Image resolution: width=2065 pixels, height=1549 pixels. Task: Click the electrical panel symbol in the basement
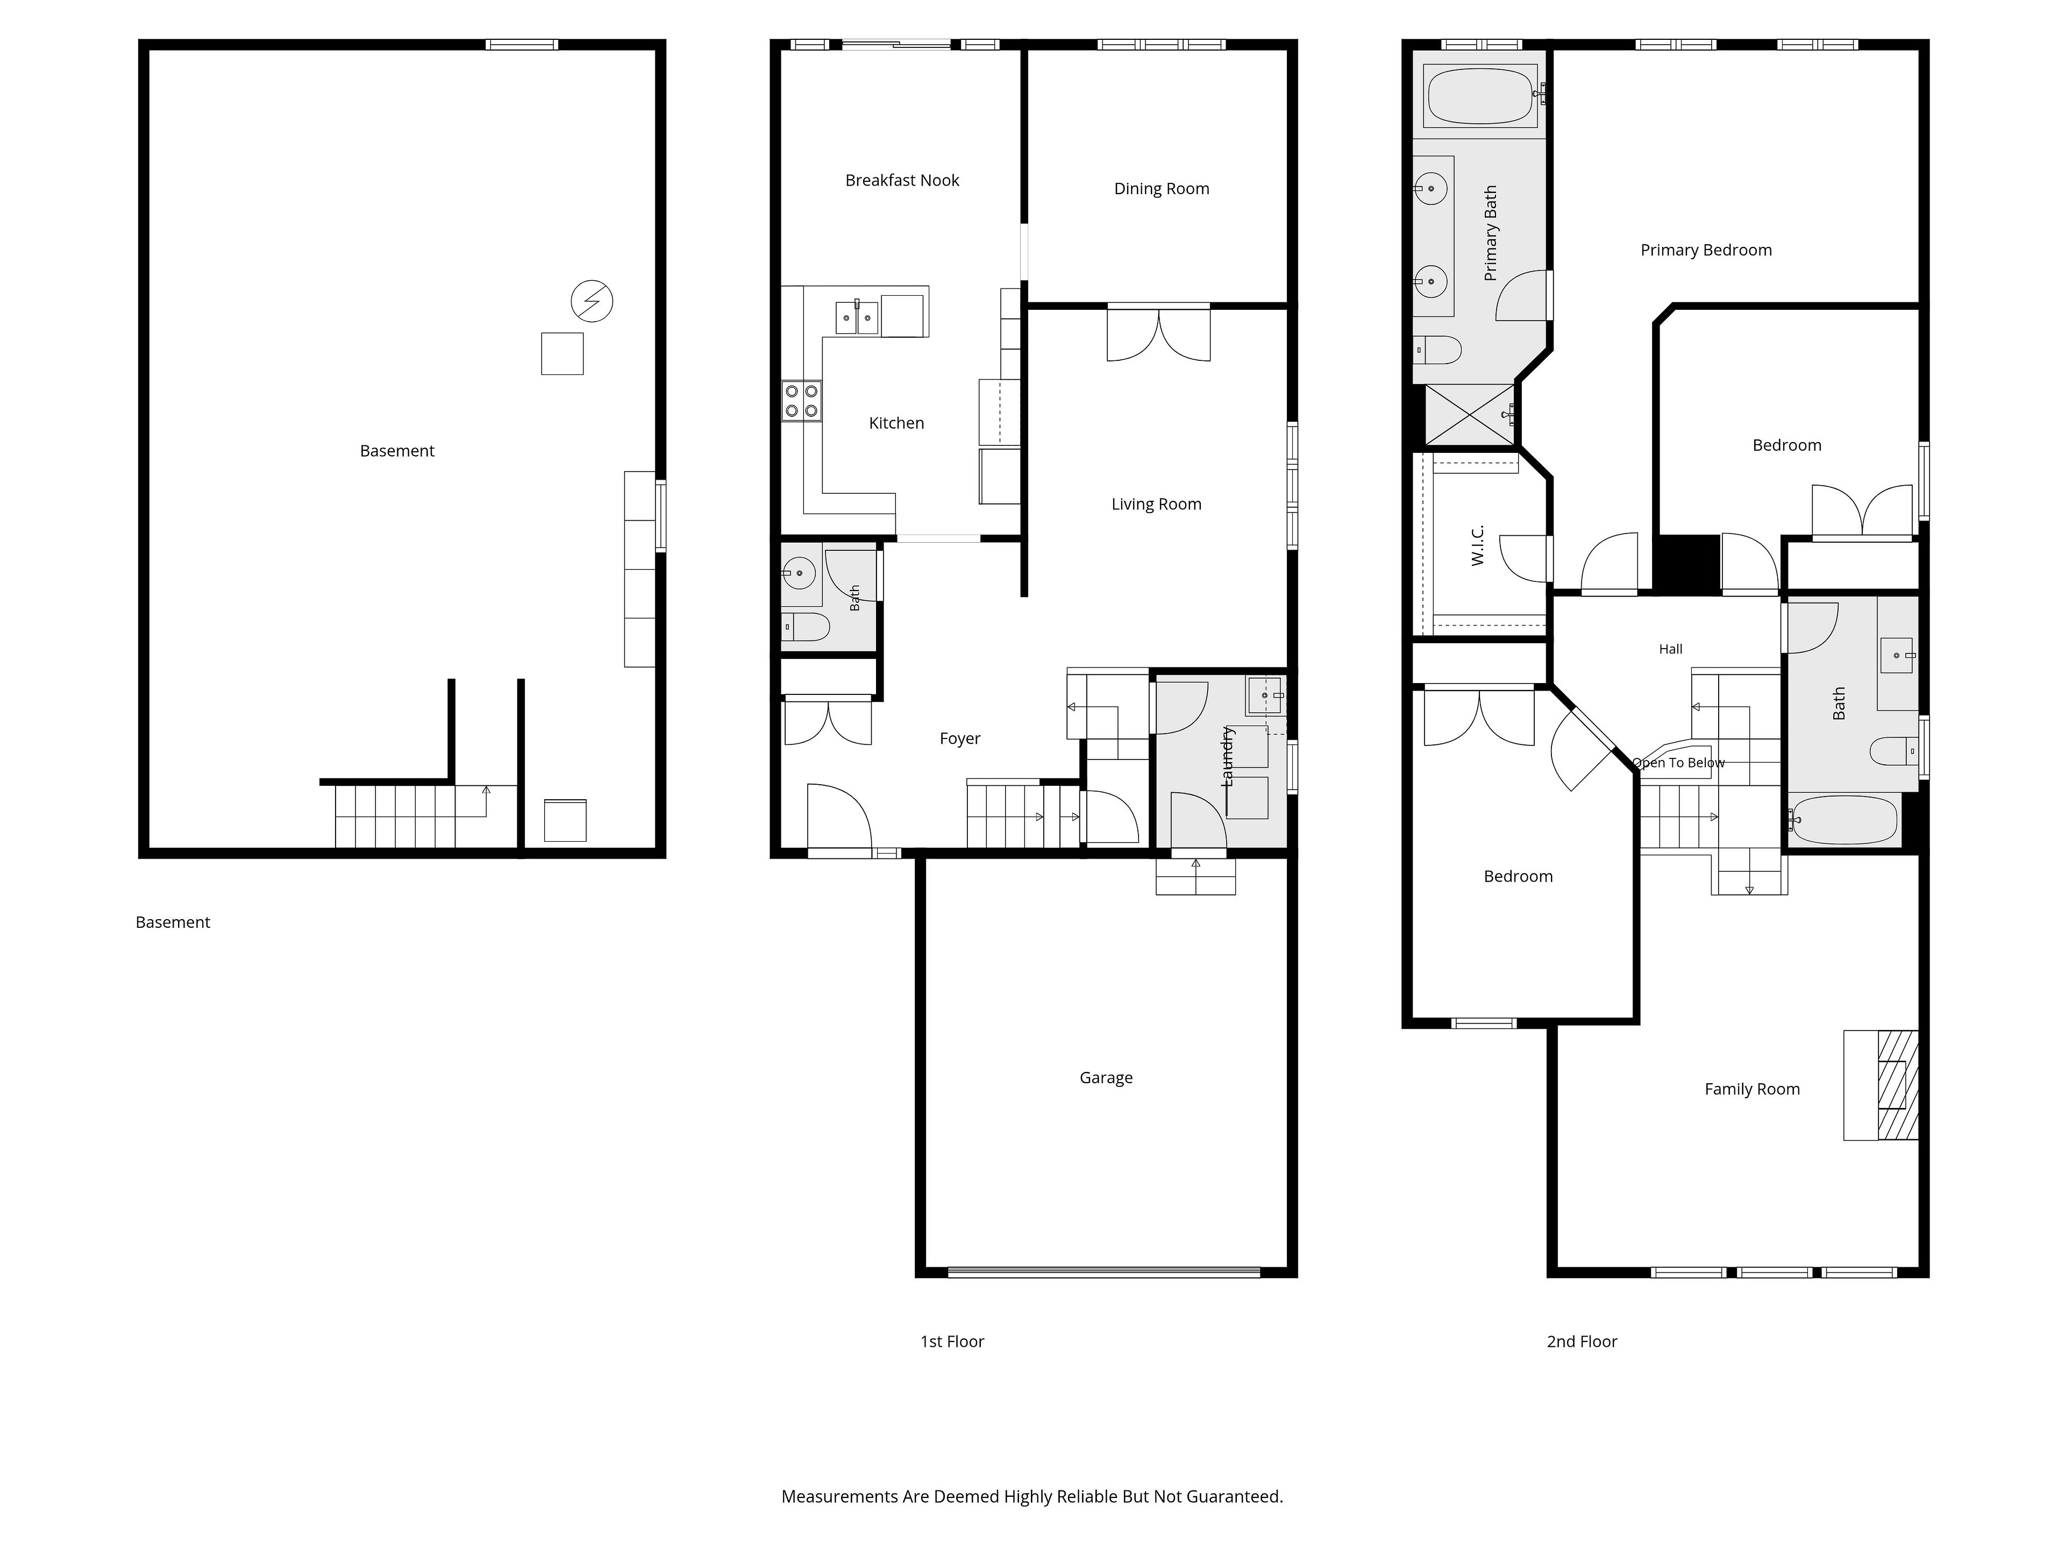pos(592,302)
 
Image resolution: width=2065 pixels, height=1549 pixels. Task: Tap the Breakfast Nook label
pos(902,180)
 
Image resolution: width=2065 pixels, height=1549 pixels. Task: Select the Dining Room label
pos(1162,189)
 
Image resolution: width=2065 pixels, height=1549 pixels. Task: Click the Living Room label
pos(1156,504)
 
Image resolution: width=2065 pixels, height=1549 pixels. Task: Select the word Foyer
pos(960,738)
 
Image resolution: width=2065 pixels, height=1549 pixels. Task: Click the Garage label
pos(1106,1077)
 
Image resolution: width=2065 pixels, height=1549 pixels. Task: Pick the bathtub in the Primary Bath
pos(1480,95)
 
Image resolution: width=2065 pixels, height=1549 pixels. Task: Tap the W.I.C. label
pos(1477,545)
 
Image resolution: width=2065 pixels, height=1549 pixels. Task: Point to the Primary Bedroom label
pos(1706,250)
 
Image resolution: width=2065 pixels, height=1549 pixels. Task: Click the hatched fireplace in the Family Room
pos(1898,1085)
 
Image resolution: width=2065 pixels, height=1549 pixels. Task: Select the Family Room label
pos(1752,1089)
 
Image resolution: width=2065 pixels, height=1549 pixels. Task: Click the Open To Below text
pos(1678,763)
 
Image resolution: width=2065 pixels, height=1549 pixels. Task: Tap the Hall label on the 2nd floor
pos(1671,649)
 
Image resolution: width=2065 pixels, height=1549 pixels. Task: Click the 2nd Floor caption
pos(1582,1342)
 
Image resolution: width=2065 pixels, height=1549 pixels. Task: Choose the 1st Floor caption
pos(952,1342)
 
